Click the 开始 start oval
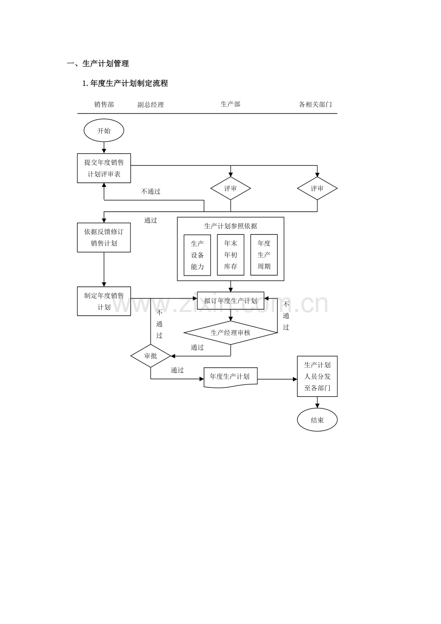(104, 130)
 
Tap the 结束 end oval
(317, 420)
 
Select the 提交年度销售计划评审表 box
(104, 168)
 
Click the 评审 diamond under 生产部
(231, 188)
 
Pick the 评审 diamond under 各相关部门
(317, 188)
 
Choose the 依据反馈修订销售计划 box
(104, 237)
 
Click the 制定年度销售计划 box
(104, 301)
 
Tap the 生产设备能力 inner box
(197, 255)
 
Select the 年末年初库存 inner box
(231, 255)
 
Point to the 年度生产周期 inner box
(264, 255)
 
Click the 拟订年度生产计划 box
(231, 301)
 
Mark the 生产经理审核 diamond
(231, 333)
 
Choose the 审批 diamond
(151, 356)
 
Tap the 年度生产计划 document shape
(231, 377)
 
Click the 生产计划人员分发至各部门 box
(317, 376)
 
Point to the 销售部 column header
(104, 104)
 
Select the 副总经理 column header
(151, 104)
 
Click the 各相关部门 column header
(315, 104)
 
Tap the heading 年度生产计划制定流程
(125, 83)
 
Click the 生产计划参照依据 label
(231, 226)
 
